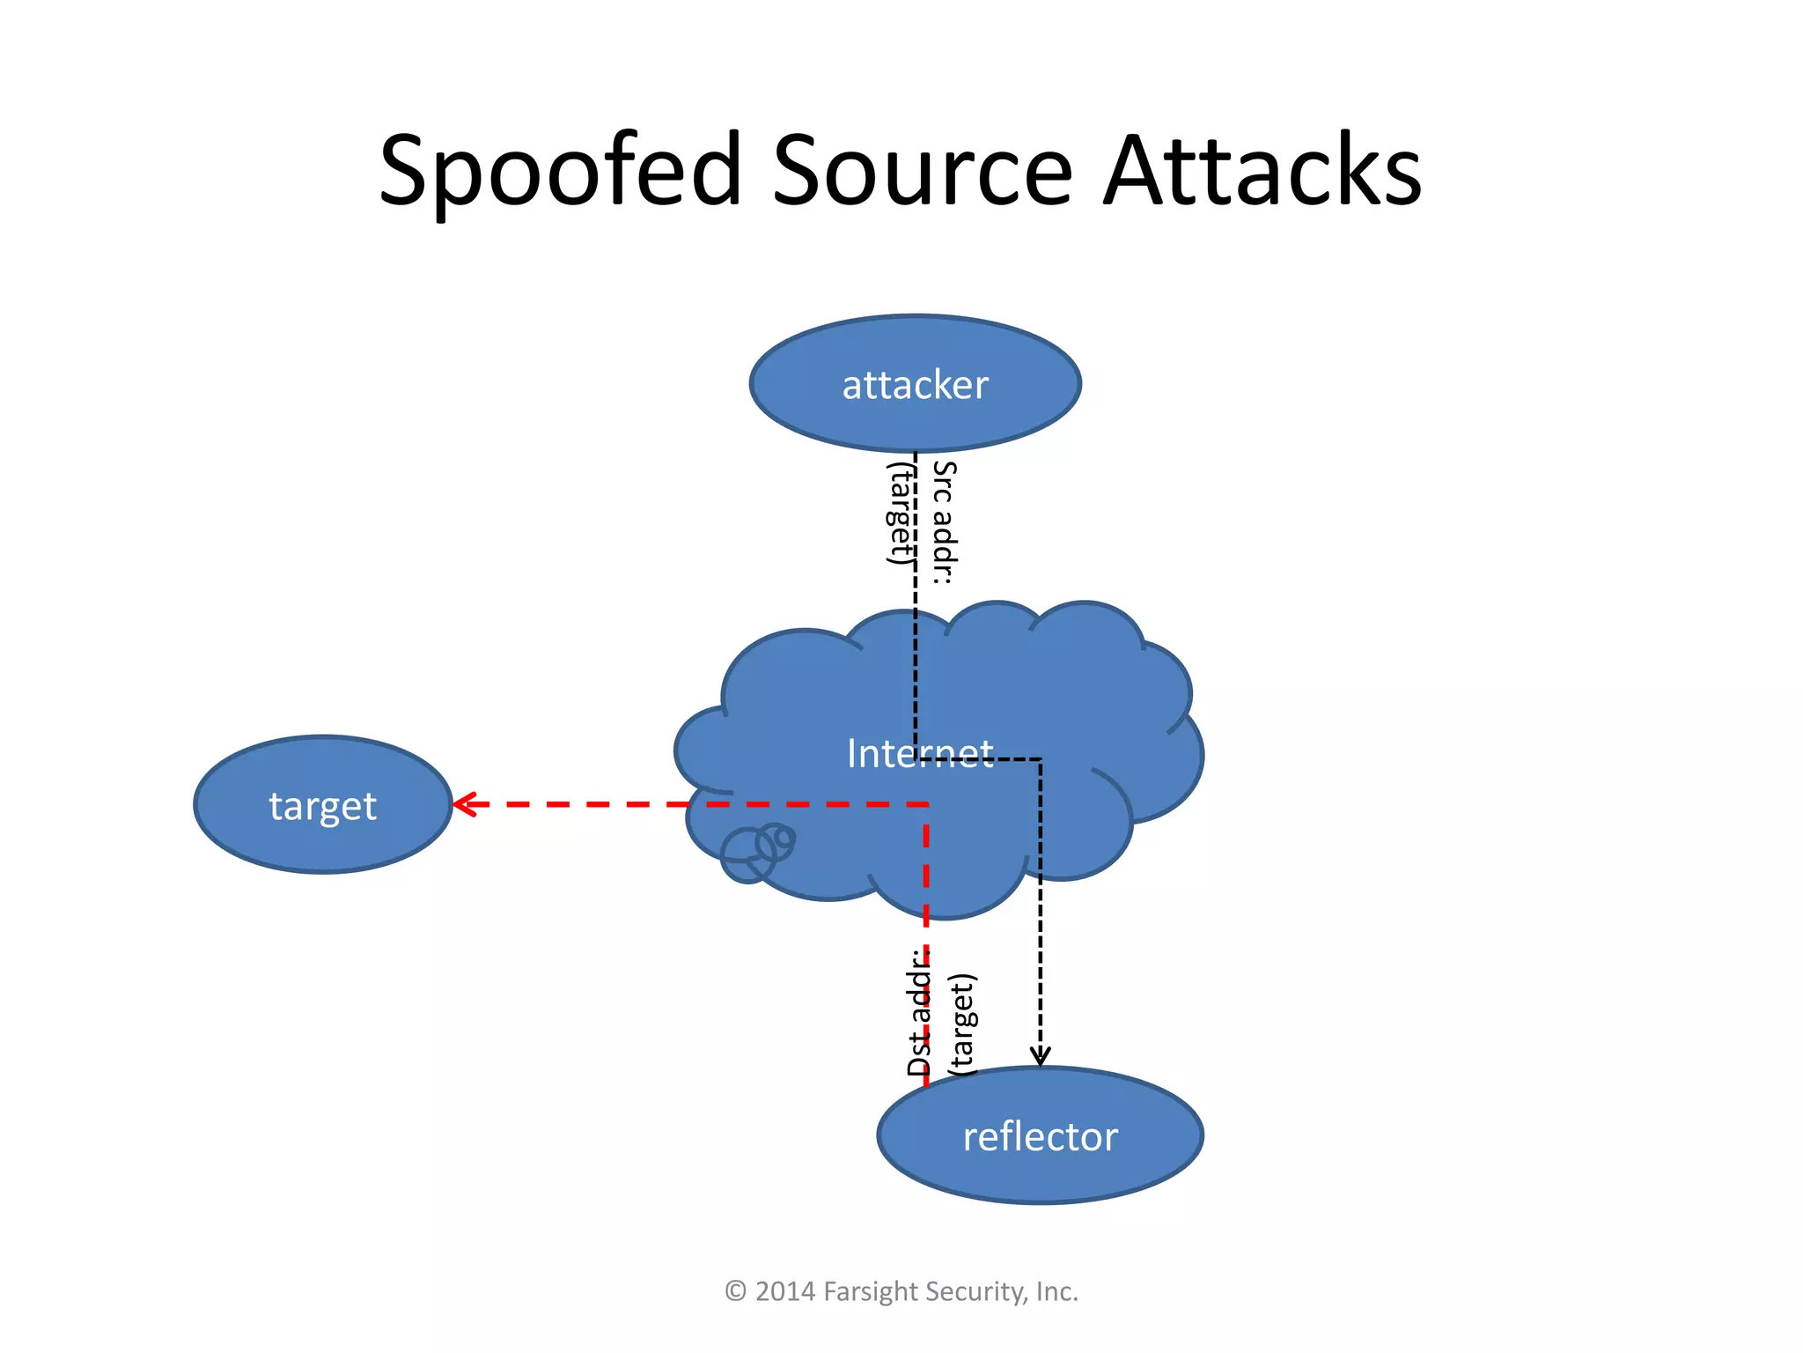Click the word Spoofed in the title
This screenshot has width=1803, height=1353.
(x=560, y=172)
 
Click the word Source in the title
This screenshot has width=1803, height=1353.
(x=922, y=172)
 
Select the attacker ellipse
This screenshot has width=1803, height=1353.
(x=916, y=385)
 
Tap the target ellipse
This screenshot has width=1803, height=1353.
(x=322, y=805)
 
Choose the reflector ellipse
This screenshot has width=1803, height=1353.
(x=1040, y=1136)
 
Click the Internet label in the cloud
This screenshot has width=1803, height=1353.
(x=920, y=753)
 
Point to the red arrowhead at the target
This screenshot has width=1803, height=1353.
(x=463, y=804)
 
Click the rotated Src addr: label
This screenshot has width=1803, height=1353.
(x=944, y=522)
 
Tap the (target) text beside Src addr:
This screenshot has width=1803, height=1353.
(x=900, y=514)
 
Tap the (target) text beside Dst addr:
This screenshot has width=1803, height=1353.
(x=962, y=1024)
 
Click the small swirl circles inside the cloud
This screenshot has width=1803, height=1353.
(x=756, y=851)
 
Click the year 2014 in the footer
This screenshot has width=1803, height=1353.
(x=784, y=1291)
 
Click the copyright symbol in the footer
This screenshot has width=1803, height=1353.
(x=735, y=1291)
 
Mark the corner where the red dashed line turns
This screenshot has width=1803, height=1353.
(x=926, y=804)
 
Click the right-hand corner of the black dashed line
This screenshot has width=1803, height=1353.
(x=1040, y=758)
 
